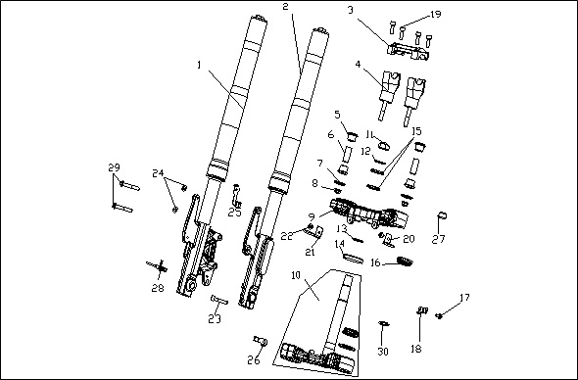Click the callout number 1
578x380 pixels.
[x=200, y=66]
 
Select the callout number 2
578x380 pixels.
[x=286, y=6]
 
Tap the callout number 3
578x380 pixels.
[x=350, y=10]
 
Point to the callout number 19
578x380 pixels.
[x=435, y=15]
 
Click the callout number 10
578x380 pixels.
[x=297, y=275]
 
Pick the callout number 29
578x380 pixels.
[x=114, y=167]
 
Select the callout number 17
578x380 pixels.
[x=464, y=297]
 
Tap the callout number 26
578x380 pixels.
[x=254, y=359]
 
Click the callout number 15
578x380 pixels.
[x=416, y=131]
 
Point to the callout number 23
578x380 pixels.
[x=215, y=319]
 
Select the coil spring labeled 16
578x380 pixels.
[x=406, y=261]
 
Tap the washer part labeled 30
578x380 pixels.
[x=384, y=323]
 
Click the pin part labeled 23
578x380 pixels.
[x=219, y=300]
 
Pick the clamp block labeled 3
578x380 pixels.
[x=409, y=51]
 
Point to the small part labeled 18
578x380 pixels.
[x=422, y=310]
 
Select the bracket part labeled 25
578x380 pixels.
[x=236, y=196]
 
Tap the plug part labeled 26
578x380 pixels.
[x=260, y=341]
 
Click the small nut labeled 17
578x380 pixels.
[x=439, y=315]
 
